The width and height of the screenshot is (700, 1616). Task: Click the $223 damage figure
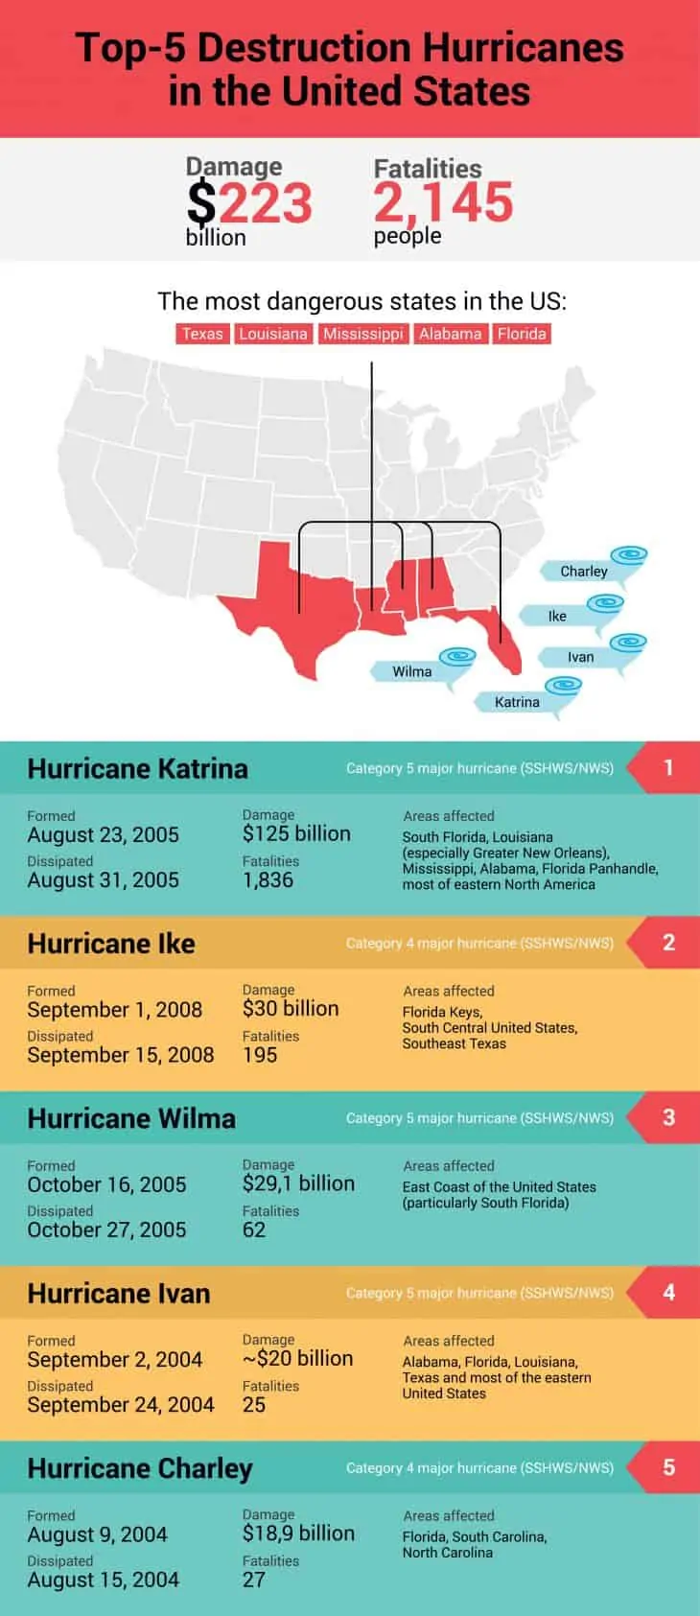click(249, 203)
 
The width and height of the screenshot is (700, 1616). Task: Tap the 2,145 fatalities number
click(443, 202)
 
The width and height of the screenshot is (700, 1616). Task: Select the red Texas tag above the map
click(202, 334)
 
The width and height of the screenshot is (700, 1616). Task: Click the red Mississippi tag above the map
click(362, 334)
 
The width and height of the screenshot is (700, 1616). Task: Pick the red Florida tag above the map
click(522, 334)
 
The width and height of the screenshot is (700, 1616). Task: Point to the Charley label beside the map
click(583, 572)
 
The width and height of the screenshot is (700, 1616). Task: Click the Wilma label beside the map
click(411, 671)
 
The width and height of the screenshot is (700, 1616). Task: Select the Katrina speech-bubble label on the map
click(517, 702)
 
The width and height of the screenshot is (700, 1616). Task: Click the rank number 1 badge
click(668, 767)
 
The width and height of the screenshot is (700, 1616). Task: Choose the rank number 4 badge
click(668, 1292)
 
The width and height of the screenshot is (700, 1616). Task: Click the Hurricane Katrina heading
click(137, 768)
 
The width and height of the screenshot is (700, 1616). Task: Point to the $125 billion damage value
click(296, 833)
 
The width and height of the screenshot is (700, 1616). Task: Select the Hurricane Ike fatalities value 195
click(260, 1055)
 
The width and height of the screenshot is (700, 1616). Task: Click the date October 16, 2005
click(106, 1184)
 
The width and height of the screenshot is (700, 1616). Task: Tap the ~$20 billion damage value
click(297, 1358)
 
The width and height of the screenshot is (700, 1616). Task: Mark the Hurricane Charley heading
click(140, 1468)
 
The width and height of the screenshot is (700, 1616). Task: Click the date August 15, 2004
click(103, 1580)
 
